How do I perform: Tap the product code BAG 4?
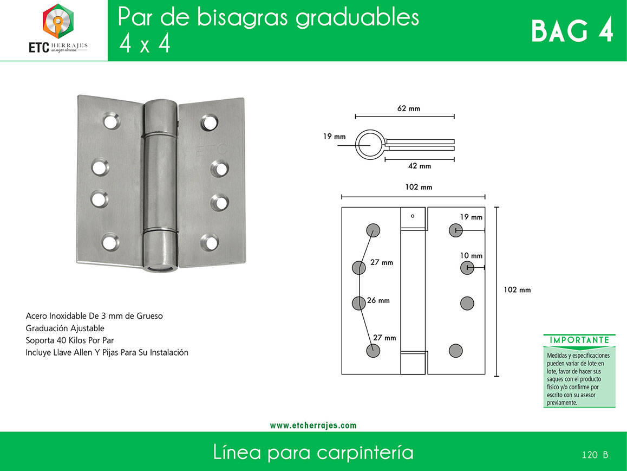(572, 31)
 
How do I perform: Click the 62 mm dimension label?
(409, 108)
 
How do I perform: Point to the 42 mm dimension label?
(420, 166)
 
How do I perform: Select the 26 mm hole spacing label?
(378, 300)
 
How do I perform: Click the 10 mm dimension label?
(471, 255)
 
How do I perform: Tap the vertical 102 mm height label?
(517, 290)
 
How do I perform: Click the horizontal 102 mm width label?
(419, 187)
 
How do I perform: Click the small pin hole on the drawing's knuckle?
(413, 216)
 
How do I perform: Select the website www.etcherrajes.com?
(313, 425)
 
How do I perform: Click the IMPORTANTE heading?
(579, 340)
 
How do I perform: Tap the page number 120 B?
(595, 455)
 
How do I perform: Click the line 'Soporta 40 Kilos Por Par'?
(70, 340)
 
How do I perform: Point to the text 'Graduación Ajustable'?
(65, 328)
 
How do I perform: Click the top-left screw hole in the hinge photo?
(111, 121)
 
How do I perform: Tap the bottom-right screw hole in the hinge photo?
(210, 242)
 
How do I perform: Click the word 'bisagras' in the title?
(243, 17)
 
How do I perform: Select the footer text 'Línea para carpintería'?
(313, 452)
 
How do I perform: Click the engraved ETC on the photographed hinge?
(211, 150)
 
